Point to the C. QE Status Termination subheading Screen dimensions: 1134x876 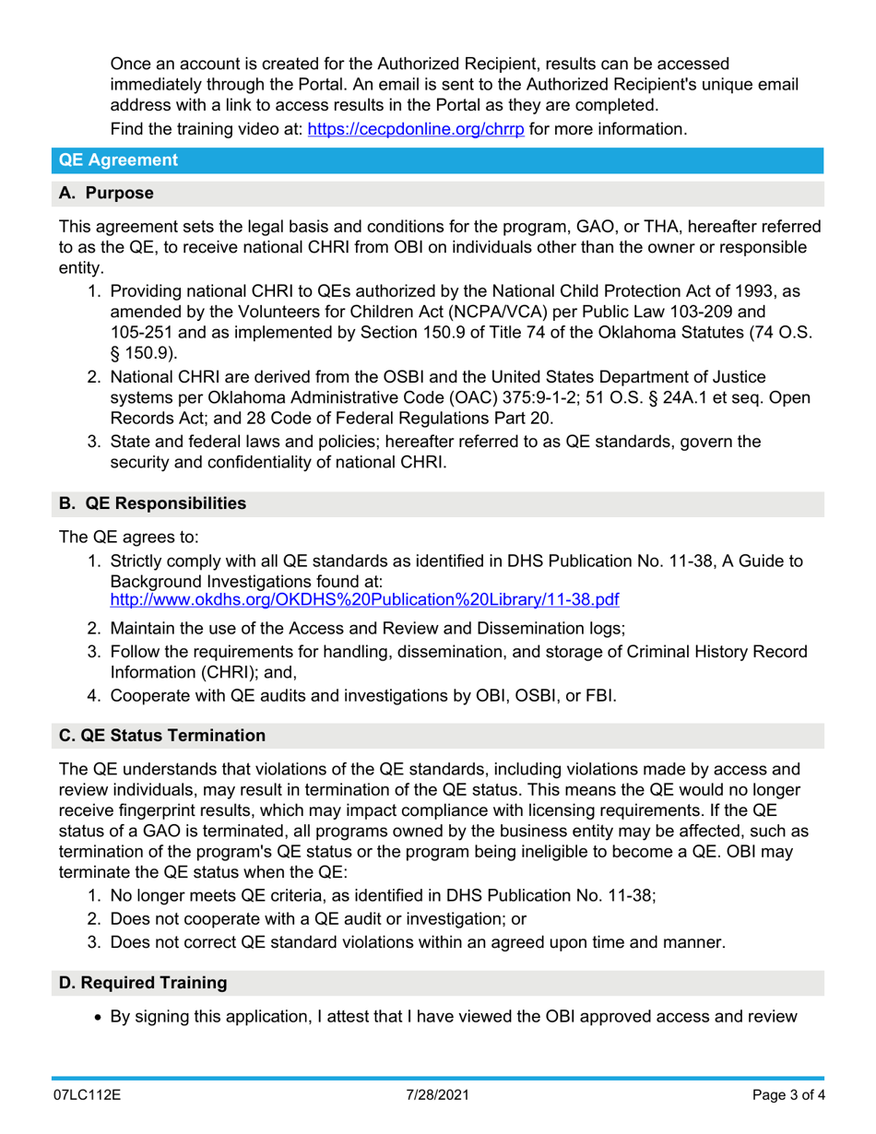point(162,736)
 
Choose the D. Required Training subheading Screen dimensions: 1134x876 point(143,983)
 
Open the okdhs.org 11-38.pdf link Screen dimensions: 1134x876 point(364,600)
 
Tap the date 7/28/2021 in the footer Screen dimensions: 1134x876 point(438,1098)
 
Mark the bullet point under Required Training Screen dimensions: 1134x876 point(99,1017)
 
